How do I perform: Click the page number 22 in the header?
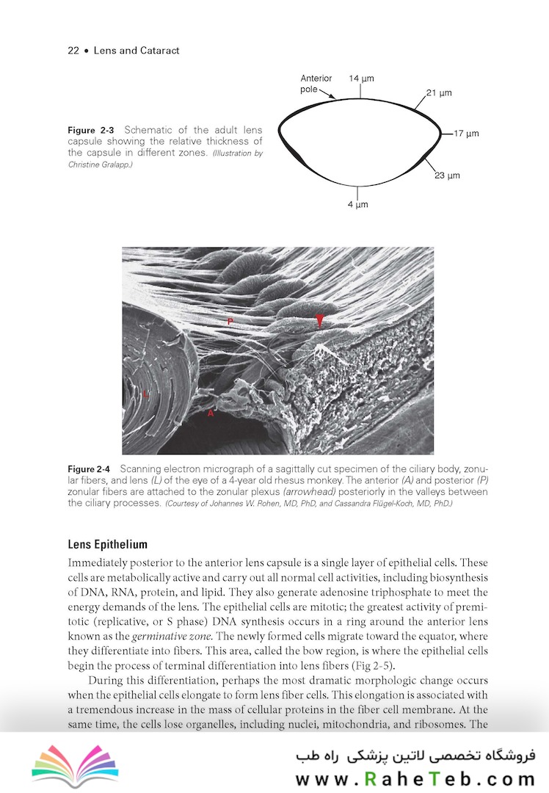[73, 51]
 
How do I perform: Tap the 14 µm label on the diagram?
[360, 78]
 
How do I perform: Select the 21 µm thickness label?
[439, 93]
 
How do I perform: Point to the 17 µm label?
[466, 134]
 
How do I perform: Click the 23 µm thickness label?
[447, 175]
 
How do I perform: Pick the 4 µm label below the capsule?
[357, 204]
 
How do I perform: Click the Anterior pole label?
[316, 84]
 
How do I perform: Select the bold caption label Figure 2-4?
[89, 469]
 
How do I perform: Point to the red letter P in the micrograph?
[230, 322]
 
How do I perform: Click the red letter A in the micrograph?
[211, 413]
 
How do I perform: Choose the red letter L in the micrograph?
[145, 394]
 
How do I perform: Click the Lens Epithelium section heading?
[107, 545]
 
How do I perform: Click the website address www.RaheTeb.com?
[415, 779]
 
